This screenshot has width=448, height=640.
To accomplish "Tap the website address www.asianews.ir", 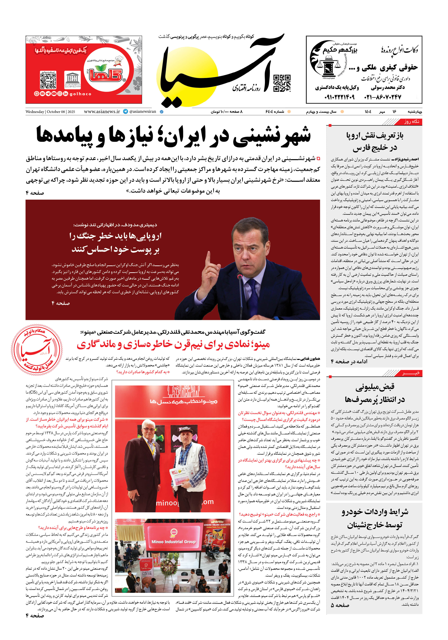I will coord(102,112).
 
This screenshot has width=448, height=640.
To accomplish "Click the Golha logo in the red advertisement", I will coord(105,73).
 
